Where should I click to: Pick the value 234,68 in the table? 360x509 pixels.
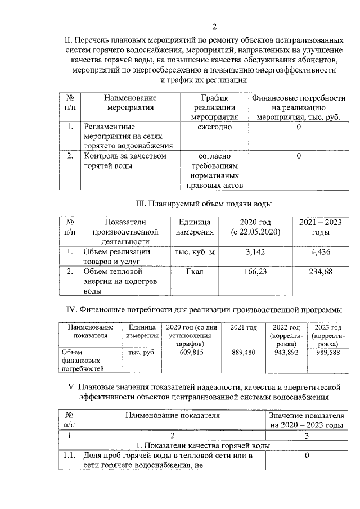point(321,272)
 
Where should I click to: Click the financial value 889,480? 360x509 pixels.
point(244,352)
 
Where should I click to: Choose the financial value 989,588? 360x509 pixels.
point(327,352)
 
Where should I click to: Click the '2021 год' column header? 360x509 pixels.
point(244,328)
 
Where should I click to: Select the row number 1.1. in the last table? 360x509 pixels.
point(70,456)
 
